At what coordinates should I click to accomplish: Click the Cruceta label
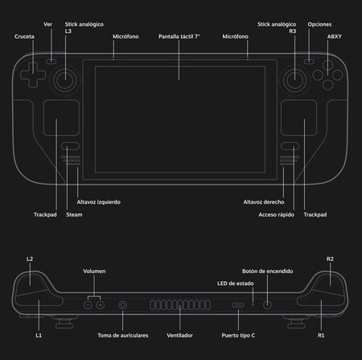[24, 36]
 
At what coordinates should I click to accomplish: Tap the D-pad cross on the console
[33, 75]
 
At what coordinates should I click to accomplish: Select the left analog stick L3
[65, 80]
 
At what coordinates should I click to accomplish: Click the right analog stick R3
[294, 80]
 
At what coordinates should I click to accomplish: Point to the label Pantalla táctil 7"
[179, 36]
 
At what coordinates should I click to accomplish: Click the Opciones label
[319, 24]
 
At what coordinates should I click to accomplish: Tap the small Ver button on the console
[51, 61]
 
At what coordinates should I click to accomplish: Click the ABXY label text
[334, 36]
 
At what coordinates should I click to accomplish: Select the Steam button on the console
[70, 146]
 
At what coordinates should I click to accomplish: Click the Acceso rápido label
[276, 215]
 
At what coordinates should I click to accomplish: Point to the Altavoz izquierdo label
[99, 202]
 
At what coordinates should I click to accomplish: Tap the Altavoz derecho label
[264, 202]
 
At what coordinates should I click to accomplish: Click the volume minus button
[88, 305]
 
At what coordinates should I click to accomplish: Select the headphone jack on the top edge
[123, 305]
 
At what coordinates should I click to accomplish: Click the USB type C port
[238, 305]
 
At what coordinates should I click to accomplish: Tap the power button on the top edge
[267, 305]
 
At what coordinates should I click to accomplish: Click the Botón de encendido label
[267, 271]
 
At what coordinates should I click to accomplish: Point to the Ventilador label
[179, 336]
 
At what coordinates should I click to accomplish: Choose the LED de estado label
[236, 283]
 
